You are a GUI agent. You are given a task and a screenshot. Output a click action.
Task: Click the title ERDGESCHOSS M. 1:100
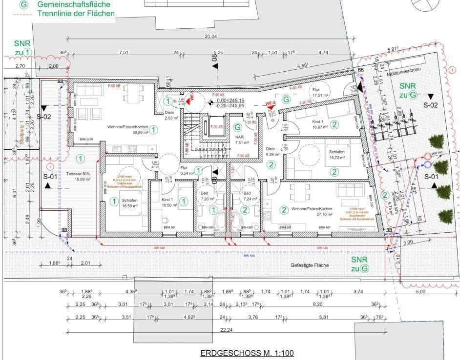click(x=247, y=353)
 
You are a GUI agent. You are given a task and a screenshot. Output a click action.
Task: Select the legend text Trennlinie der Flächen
click(x=76, y=14)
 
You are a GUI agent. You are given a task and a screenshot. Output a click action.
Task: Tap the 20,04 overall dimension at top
click(x=210, y=37)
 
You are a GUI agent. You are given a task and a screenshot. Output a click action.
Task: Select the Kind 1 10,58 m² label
click(x=168, y=202)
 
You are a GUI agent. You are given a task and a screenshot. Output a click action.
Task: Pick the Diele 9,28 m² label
click(x=272, y=152)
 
